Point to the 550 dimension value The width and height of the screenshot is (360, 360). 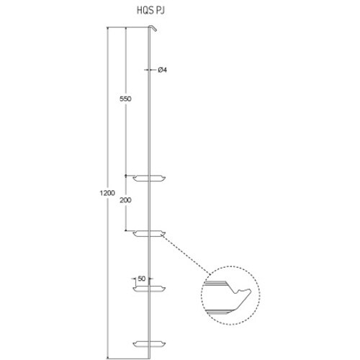(x=125, y=99)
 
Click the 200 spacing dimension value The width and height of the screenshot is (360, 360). (x=126, y=204)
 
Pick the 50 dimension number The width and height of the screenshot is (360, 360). (x=141, y=278)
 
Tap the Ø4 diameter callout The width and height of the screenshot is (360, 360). (x=162, y=70)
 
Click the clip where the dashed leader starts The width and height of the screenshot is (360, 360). (x=149, y=233)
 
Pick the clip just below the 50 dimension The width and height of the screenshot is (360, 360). (x=150, y=290)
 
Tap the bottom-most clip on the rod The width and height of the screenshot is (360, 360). (x=149, y=341)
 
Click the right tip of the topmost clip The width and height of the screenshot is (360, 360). (x=166, y=176)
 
